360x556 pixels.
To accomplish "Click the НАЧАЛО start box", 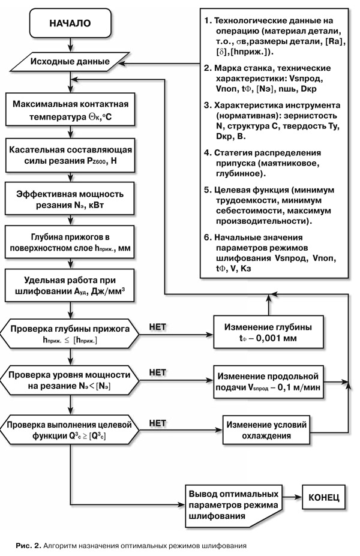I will point(70,23).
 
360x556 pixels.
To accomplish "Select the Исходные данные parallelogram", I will point(70,61).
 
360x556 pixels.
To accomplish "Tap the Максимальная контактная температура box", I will point(70,109).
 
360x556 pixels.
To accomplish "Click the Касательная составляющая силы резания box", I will point(70,154).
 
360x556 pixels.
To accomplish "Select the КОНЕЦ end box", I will point(324,497).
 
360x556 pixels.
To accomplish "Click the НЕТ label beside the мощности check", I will point(157,373).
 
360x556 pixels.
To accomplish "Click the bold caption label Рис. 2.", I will point(28,546).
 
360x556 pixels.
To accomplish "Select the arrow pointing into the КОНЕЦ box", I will point(294,497).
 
